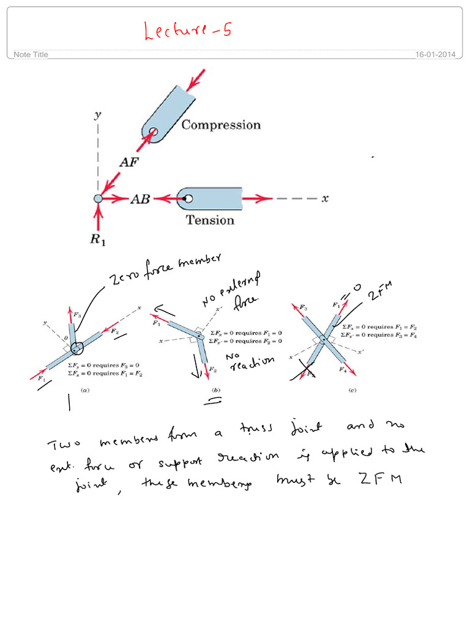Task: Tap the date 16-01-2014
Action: (435, 55)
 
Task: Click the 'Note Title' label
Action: (31, 55)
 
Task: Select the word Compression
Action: (221, 125)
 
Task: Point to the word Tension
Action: (210, 220)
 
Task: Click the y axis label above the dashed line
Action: (97, 116)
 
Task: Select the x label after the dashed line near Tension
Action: (326, 199)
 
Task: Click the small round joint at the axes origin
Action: (98, 199)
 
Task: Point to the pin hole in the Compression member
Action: (153, 131)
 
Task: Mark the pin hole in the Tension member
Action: (188, 199)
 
